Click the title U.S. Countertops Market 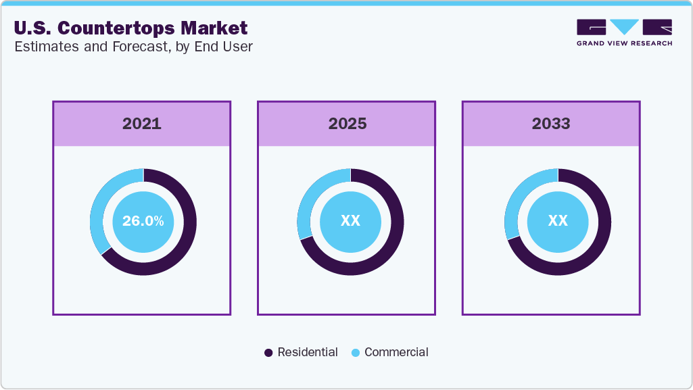coord(130,28)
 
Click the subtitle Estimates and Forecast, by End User coord(133,47)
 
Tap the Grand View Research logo coord(624,27)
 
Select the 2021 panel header coord(142,124)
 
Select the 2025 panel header coord(347,124)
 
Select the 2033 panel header coord(551,124)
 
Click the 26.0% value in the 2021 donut coord(143,221)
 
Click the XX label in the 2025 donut coord(350,221)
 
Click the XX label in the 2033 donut coord(558,221)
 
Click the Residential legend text coord(308,352)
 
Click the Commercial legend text coord(396,352)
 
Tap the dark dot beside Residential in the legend coord(268,353)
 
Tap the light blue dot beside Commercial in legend coord(356,353)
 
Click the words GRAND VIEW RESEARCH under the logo coord(624,43)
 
